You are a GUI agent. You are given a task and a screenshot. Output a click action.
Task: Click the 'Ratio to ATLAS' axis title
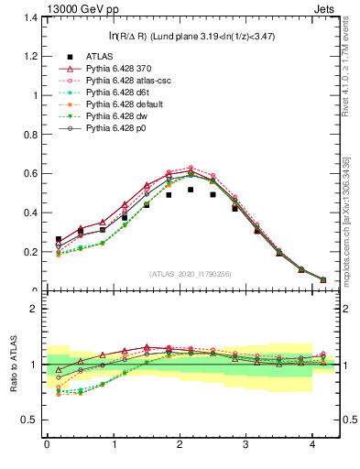pos(11,365)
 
